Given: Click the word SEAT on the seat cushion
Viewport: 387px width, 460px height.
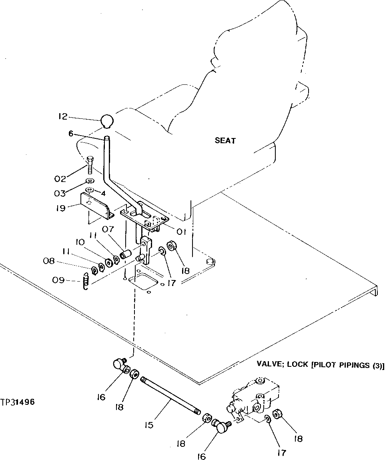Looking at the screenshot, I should (x=225, y=141).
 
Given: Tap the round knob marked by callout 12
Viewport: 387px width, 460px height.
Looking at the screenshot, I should (x=107, y=121).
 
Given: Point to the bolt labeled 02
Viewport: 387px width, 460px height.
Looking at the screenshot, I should (x=90, y=164).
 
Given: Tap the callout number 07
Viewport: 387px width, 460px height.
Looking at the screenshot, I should (x=108, y=229).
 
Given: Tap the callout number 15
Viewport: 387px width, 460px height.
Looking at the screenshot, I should (x=149, y=425).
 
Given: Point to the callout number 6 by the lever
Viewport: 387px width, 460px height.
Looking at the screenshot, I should (x=71, y=134).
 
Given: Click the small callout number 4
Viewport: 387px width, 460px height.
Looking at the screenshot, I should (x=103, y=193).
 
